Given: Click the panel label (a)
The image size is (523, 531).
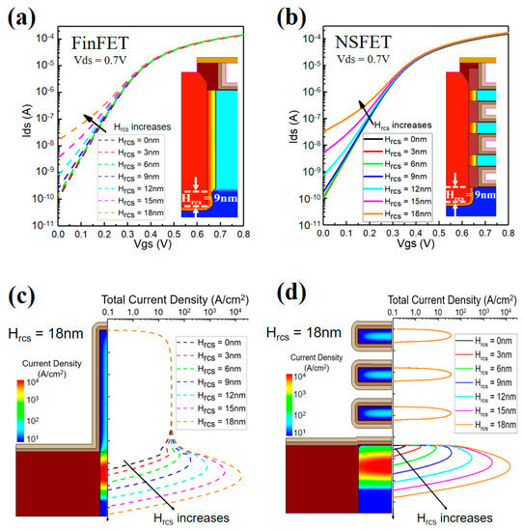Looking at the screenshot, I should click(18, 16).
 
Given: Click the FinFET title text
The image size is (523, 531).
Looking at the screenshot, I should click(99, 42).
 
